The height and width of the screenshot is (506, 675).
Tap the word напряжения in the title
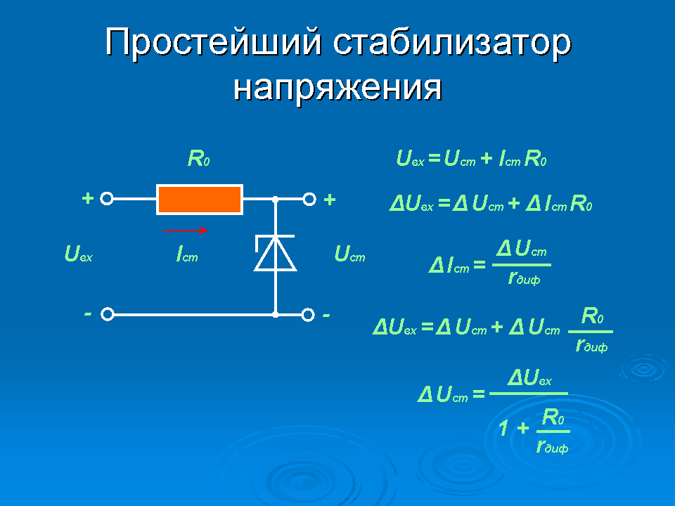(337, 87)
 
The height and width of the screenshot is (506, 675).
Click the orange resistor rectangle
(200, 200)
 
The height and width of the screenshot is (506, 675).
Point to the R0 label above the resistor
(199, 160)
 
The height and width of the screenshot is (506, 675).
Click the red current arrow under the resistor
(185, 230)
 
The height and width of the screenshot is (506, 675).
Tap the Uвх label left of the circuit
(78, 254)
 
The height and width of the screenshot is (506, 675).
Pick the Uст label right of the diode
(349, 254)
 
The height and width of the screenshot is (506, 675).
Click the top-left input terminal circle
(107, 200)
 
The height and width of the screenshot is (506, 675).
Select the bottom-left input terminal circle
(107, 314)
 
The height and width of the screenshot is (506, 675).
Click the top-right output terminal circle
(308, 200)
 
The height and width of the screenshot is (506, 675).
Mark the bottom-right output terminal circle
(308, 314)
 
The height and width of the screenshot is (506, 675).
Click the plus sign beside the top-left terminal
(87, 199)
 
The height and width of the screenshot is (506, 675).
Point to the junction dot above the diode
(276, 200)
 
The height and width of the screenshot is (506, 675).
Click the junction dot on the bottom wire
(276, 314)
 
